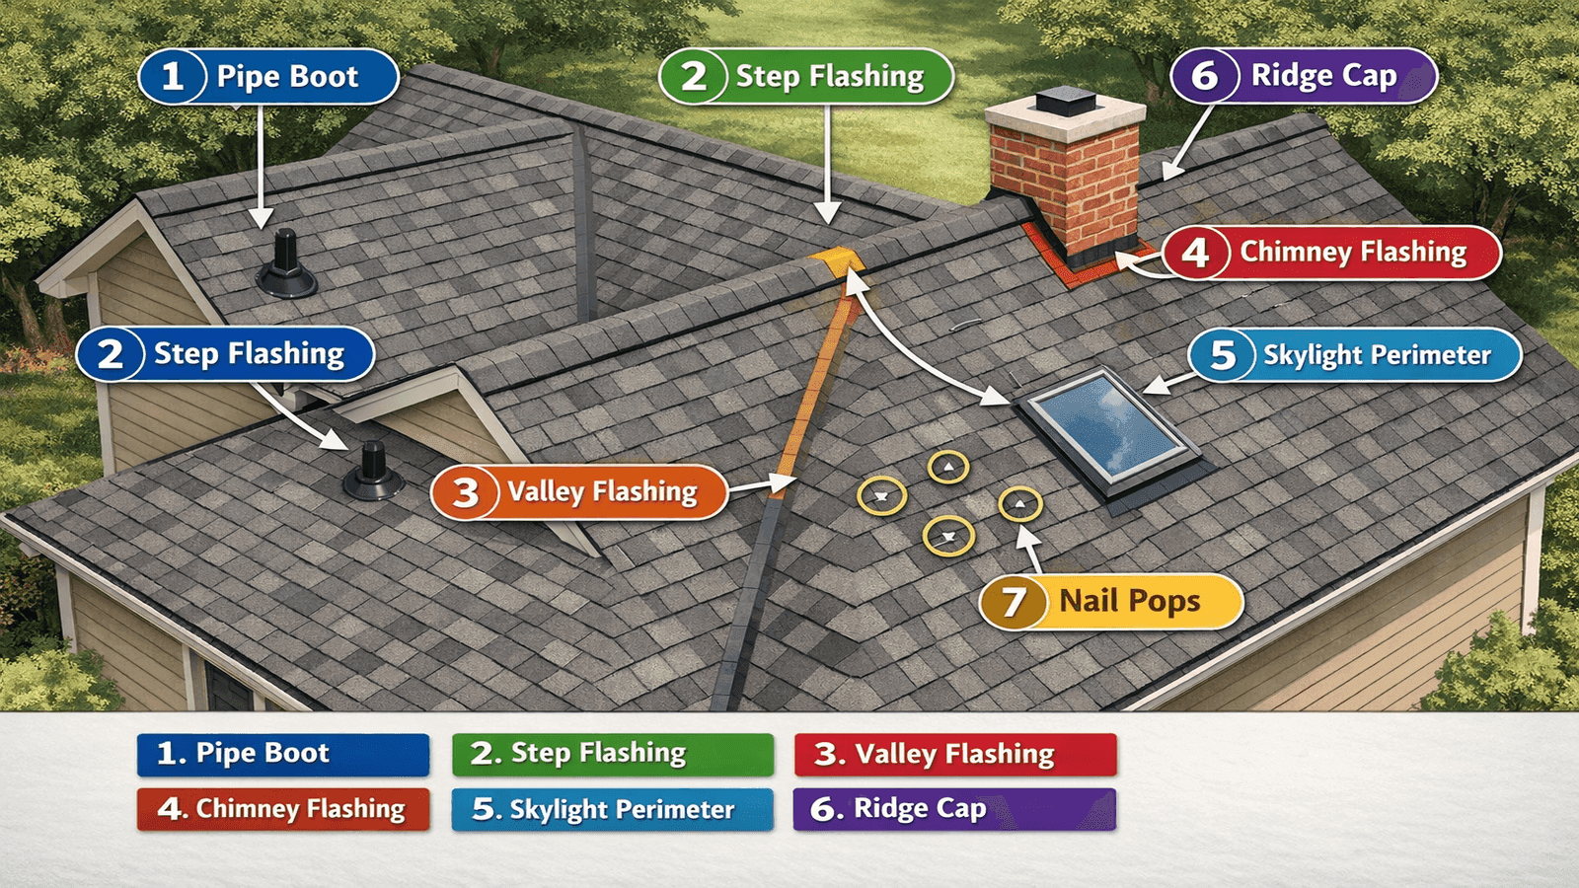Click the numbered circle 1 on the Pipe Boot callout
click(173, 76)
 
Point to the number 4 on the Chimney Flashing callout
click(1195, 253)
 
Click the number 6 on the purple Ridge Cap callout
click(1204, 76)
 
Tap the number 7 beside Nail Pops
click(1014, 602)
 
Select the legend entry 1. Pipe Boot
click(283, 754)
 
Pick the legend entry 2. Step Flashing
click(613, 754)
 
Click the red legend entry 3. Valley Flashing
click(954, 754)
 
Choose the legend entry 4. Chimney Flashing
click(283, 809)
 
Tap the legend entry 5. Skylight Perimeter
click(613, 809)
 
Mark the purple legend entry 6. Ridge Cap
click(954, 809)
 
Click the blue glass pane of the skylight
click(1106, 424)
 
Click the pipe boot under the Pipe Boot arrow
click(286, 266)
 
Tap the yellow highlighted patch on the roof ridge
click(835, 261)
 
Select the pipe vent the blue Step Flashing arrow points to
click(373, 472)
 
